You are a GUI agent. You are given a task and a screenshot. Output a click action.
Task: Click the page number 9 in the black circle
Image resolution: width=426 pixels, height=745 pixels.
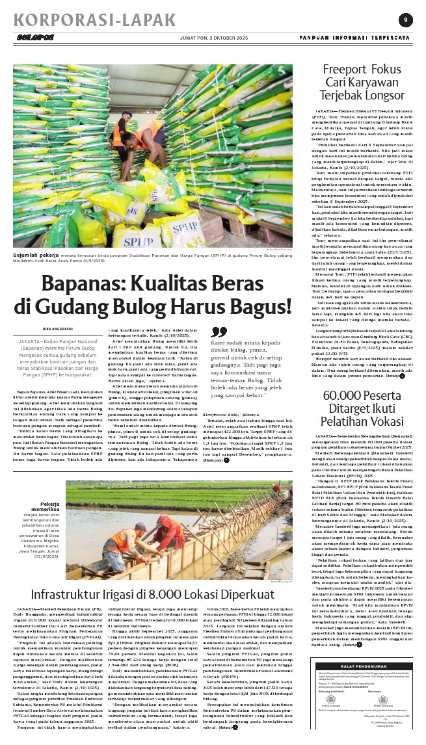(405, 20)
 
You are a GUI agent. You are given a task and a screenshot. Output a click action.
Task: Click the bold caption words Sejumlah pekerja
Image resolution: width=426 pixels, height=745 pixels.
(34, 255)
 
